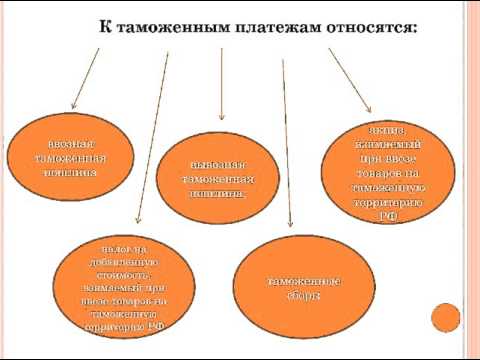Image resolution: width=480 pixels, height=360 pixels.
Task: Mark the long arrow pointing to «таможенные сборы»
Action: (288, 150)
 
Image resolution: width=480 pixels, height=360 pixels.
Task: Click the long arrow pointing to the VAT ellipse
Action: (152, 140)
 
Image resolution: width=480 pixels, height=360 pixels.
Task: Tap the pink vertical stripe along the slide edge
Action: (470, 180)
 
